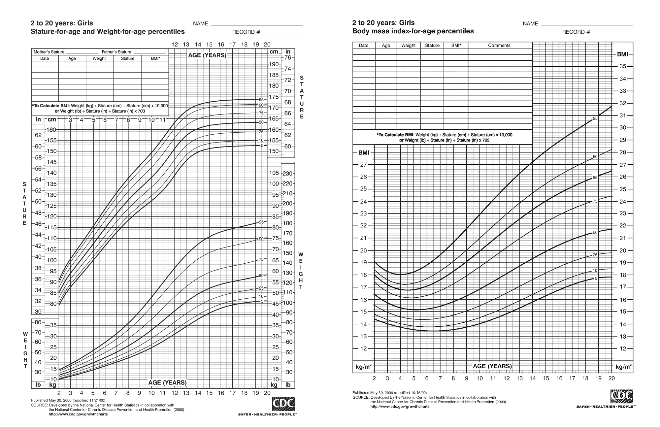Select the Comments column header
(x=499, y=46)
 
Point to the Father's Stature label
(x=116, y=52)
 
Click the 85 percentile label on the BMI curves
(x=595, y=178)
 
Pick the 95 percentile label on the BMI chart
(x=595, y=118)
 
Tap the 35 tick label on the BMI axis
(x=622, y=66)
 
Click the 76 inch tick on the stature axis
(x=288, y=58)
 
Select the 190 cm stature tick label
(x=274, y=64)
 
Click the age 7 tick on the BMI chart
(x=440, y=378)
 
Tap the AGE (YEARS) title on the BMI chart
(x=492, y=366)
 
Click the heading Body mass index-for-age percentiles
(x=413, y=31)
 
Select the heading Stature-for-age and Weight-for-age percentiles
(x=108, y=32)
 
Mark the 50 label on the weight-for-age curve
(x=261, y=276)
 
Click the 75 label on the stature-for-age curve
(x=261, y=113)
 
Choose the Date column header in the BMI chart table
(x=364, y=46)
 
